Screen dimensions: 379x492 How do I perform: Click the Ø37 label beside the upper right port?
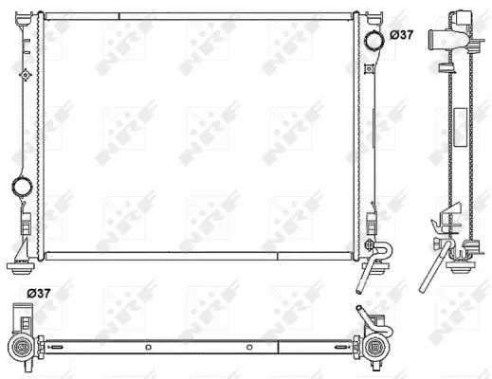401,35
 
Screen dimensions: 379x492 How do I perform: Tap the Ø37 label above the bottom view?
39,293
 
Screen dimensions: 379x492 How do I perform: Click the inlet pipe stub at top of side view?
441,40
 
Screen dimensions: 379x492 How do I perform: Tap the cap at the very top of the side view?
461,16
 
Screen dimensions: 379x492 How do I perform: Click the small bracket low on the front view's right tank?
368,227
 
